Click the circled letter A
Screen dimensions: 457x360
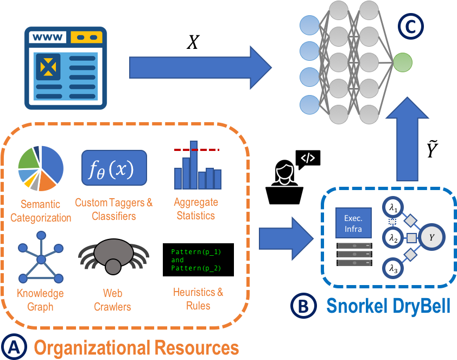tap(14, 347)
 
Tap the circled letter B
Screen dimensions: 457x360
tap(303, 306)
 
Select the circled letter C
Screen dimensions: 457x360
tap(411, 27)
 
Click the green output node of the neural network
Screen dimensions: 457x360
tap(403, 62)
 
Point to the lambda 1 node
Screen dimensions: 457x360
tap(393, 207)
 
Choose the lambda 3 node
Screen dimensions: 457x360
tap(393, 268)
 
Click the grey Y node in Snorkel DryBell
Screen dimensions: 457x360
tap(431, 237)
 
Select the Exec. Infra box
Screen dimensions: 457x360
tap(353, 223)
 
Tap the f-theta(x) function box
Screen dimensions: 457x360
tap(114, 168)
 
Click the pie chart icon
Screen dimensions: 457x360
tap(41, 168)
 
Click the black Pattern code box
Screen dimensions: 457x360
tap(198, 260)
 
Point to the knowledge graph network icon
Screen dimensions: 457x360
tap(41, 257)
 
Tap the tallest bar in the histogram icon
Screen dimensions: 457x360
tap(194, 165)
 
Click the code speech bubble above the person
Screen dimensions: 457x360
tap(308, 159)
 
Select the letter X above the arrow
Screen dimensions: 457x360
tap(193, 42)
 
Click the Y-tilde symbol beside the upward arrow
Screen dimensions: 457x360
tap(432, 149)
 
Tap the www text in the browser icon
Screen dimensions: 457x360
tap(48, 37)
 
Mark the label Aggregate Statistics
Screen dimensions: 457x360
tap(196, 209)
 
